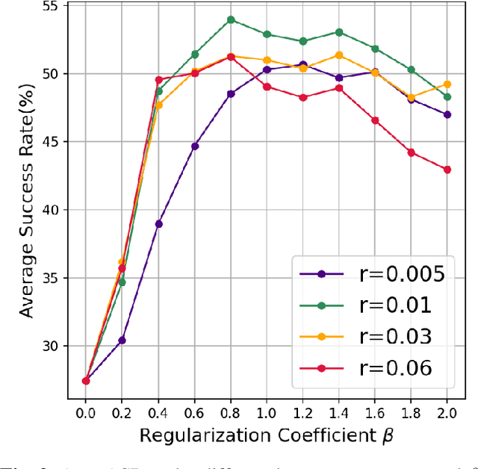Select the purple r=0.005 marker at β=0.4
click(x=158, y=223)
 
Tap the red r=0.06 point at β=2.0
click(x=447, y=170)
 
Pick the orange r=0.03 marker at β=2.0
click(x=447, y=84)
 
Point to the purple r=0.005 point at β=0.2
click(x=122, y=340)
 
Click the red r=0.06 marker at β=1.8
click(x=411, y=152)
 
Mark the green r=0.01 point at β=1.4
click(x=339, y=32)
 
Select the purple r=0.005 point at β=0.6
click(x=195, y=146)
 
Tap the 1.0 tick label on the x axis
click(x=267, y=412)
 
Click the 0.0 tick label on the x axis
click(x=86, y=412)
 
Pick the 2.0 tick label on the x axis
click(x=447, y=412)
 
